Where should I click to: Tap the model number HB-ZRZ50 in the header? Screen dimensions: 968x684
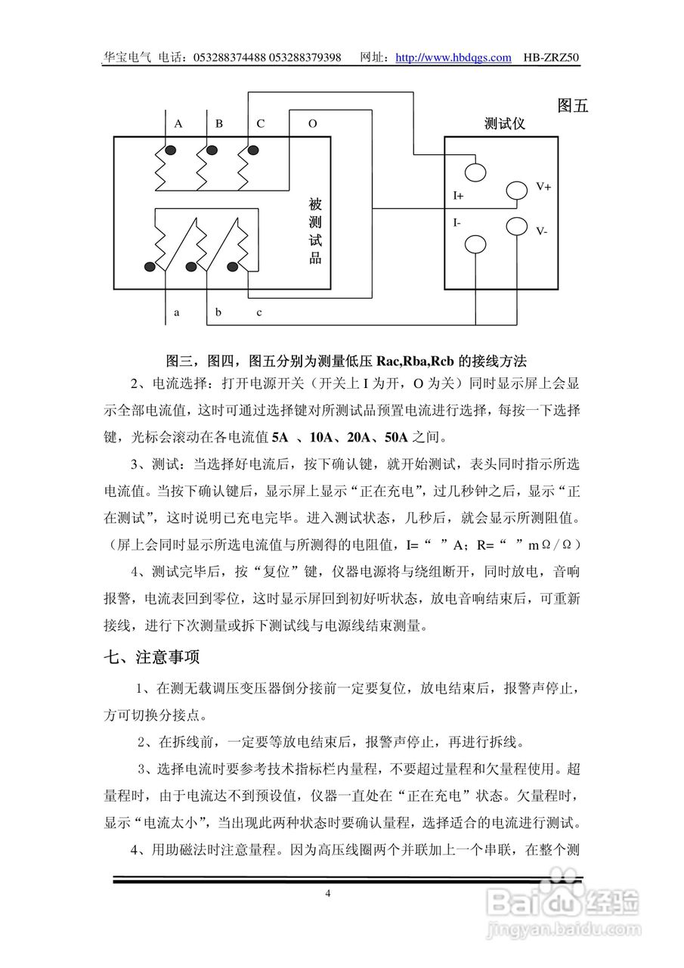pyautogui.click(x=552, y=57)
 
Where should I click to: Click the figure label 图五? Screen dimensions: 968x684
pyautogui.click(x=572, y=106)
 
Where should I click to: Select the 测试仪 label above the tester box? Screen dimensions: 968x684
pyautogui.click(x=504, y=123)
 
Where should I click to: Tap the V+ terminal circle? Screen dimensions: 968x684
pyautogui.click(x=516, y=190)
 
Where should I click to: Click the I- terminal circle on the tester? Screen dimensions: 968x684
pyautogui.click(x=475, y=244)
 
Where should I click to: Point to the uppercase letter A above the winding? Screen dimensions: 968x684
pyautogui.click(x=178, y=123)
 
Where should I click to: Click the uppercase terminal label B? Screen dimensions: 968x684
pyautogui.click(x=219, y=123)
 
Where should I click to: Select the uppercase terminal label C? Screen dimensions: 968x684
pyautogui.click(x=261, y=123)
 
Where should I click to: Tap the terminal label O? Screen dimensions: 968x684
pyautogui.click(x=312, y=123)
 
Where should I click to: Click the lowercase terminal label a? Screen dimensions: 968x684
pyautogui.click(x=177, y=312)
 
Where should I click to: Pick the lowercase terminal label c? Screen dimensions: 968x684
pyautogui.click(x=259, y=312)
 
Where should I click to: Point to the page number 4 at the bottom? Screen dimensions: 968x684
pyautogui.click(x=327, y=893)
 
